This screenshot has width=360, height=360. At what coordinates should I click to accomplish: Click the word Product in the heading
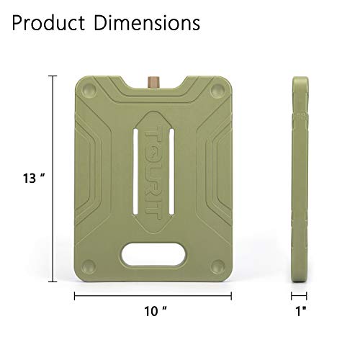coord(45,24)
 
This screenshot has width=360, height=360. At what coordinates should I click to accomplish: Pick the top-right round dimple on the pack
coord(217,92)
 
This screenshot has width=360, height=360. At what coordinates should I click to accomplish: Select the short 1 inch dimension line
coord(300,295)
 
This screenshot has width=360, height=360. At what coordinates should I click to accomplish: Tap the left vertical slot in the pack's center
coord(148,169)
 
